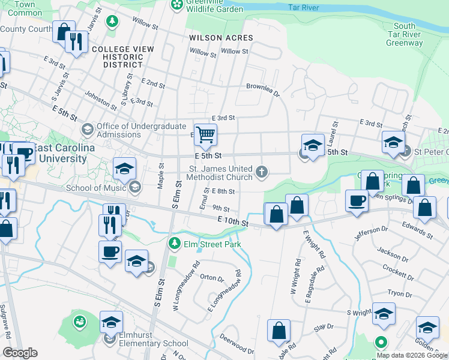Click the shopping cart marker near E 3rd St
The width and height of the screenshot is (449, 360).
pos(205,134)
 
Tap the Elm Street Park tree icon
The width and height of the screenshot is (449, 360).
pos(174,244)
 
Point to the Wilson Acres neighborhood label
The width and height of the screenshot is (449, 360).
pos(221,38)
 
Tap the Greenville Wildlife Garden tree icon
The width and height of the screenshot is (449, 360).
pos(177,5)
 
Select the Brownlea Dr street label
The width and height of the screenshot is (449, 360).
pos(263,89)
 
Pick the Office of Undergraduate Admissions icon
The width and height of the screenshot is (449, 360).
pos(88,130)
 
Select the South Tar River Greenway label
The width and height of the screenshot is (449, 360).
pos(405,34)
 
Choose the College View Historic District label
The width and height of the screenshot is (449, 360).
pos(118,56)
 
